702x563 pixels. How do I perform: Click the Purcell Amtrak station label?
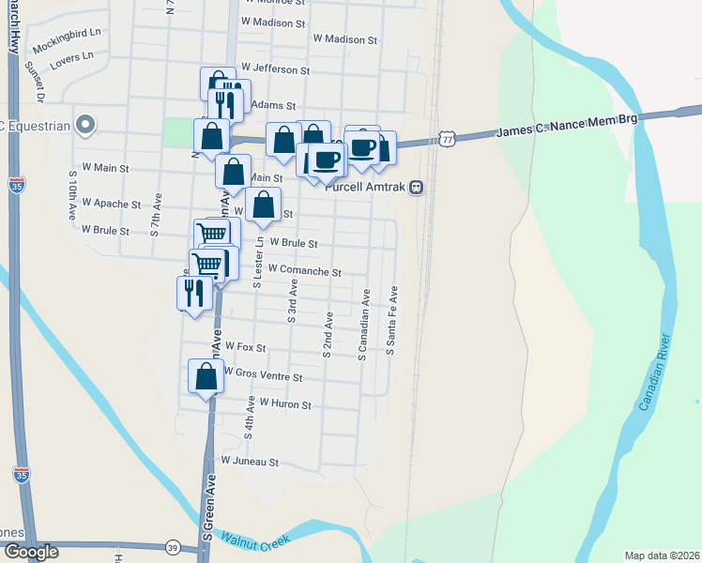coord(367,186)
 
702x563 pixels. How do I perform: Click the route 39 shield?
coord(172,547)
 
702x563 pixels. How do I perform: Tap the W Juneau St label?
coord(250,462)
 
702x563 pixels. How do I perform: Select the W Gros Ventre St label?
coord(263,376)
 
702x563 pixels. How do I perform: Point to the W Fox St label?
coord(246,347)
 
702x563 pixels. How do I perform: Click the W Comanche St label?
coord(304,269)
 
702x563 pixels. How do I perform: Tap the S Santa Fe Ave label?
coord(393,322)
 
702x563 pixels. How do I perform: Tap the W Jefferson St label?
coord(275,69)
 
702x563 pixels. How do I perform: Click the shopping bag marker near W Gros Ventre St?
coord(206,376)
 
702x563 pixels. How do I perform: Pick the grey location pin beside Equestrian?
coord(85,124)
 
